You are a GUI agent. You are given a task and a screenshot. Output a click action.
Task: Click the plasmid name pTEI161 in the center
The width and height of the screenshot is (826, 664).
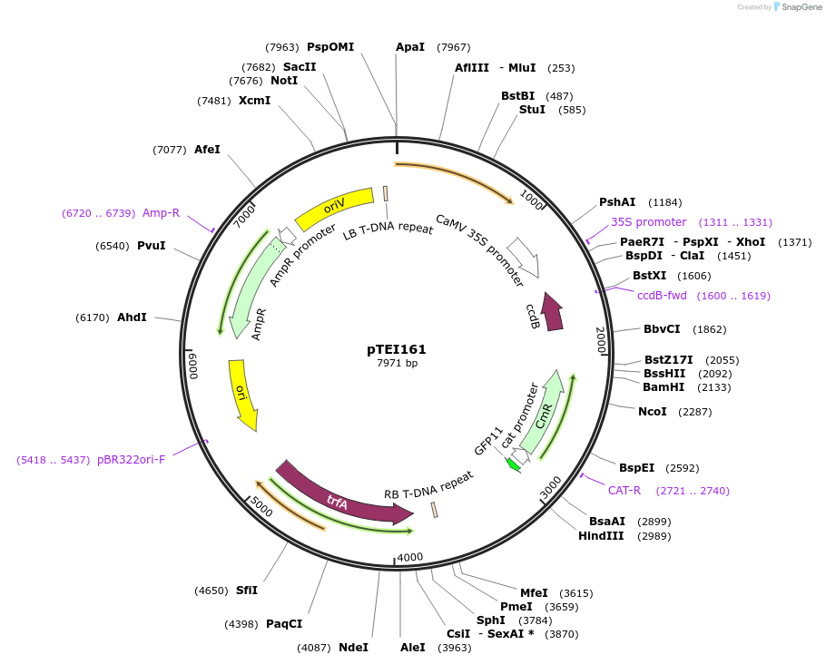click(x=397, y=349)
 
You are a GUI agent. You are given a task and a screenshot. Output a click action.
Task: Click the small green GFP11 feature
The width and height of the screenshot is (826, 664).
click(x=513, y=464)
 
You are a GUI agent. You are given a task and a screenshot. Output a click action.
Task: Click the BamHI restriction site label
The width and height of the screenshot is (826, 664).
click(x=663, y=387)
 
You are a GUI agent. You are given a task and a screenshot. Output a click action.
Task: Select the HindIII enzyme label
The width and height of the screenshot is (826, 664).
click(x=601, y=536)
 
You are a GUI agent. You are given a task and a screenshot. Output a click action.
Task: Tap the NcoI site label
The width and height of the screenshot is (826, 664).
click(x=652, y=412)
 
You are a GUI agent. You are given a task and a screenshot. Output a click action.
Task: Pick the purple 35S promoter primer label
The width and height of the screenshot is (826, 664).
click(x=648, y=221)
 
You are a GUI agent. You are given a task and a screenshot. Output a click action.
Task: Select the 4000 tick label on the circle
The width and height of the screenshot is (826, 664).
click(x=410, y=557)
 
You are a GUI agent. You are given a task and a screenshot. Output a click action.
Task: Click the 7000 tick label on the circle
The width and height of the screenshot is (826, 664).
click(x=244, y=218)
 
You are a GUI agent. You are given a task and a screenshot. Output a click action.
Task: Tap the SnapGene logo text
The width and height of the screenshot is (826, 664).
click(x=802, y=7)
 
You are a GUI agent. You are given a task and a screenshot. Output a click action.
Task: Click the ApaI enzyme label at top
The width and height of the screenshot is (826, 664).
click(x=410, y=47)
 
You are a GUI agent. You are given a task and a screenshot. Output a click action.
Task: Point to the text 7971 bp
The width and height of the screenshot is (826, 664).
click(x=397, y=364)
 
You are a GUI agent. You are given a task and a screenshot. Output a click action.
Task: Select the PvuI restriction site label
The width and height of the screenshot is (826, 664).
click(x=151, y=246)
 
